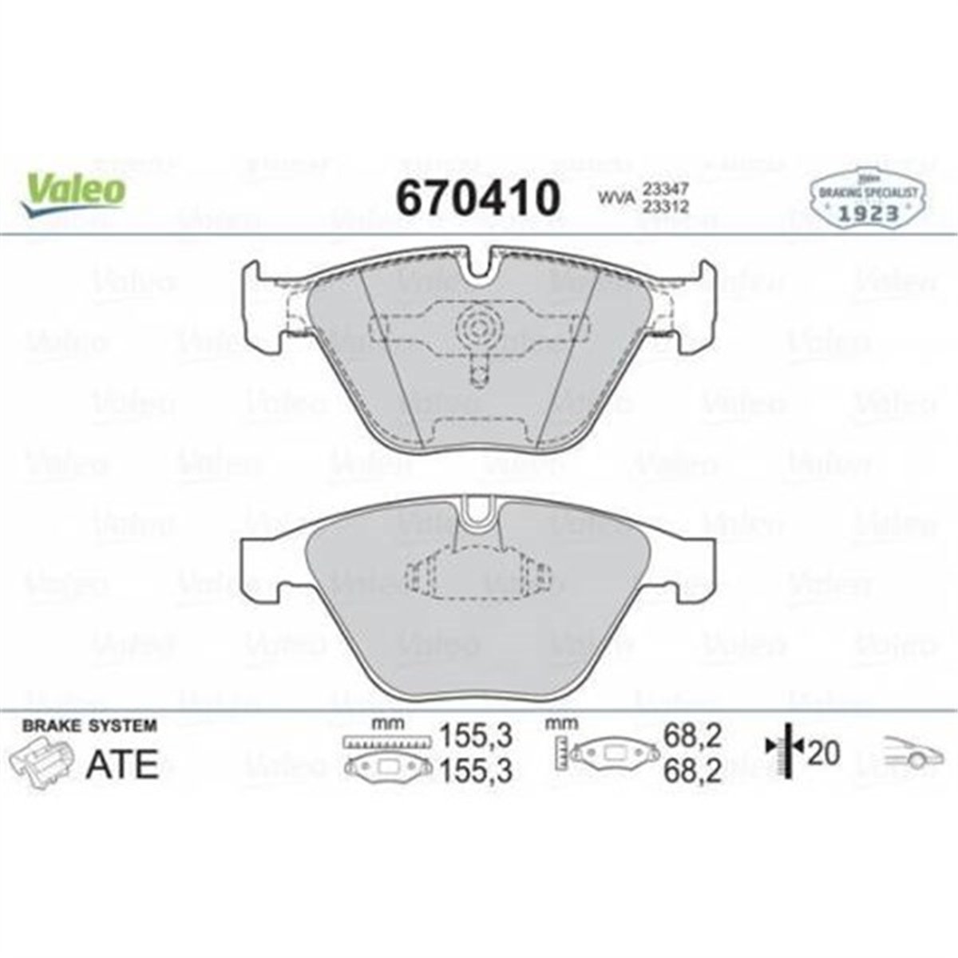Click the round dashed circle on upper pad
tap(477, 326)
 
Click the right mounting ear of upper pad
tap(695, 307)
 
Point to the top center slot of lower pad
tap(478, 511)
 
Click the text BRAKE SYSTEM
tap(89, 726)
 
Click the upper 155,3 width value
tap(475, 733)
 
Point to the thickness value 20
tap(824, 752)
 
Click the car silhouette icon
tap(911, 754)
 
